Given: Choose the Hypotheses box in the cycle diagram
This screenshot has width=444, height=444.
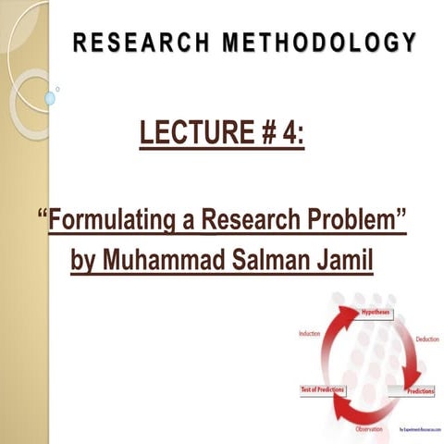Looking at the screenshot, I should click(376, 314).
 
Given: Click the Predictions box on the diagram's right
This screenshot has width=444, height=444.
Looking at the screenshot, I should click(423, 391).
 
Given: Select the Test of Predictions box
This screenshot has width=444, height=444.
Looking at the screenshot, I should click(322, 389).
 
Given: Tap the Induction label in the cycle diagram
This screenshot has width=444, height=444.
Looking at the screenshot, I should click(309, 333).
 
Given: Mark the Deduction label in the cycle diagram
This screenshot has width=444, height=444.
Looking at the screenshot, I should click(426, 339).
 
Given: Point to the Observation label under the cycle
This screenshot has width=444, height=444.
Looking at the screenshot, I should click(371, 430).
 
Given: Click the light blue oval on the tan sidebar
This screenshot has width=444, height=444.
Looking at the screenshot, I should click(50, 97).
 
